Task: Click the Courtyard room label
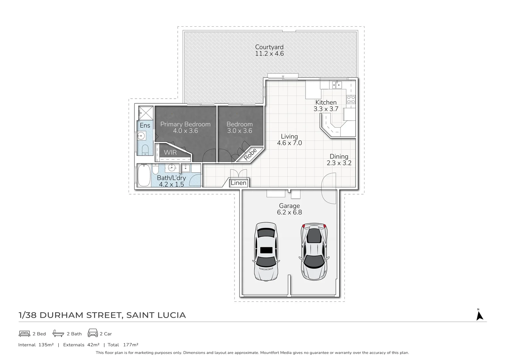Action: point(269,47)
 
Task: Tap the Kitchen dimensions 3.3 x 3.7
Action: point(326,109)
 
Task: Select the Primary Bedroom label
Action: point(185,124)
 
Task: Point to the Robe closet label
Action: point(250,154)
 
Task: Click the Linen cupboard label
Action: point(239,183)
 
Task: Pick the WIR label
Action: point(170,152)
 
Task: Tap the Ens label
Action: point(145,125)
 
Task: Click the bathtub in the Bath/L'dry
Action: point(144,176)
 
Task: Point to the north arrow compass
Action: point(479,315)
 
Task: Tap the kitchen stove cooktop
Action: point(351,99)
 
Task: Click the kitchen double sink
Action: point(336,85)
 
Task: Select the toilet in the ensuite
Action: point(145,150)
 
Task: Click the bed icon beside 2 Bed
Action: point(25,333)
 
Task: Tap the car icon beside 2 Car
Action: point(93,333)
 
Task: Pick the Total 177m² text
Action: point(123,345)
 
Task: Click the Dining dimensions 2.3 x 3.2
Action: point(339,163)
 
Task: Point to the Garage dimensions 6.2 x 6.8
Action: point(289,212)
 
